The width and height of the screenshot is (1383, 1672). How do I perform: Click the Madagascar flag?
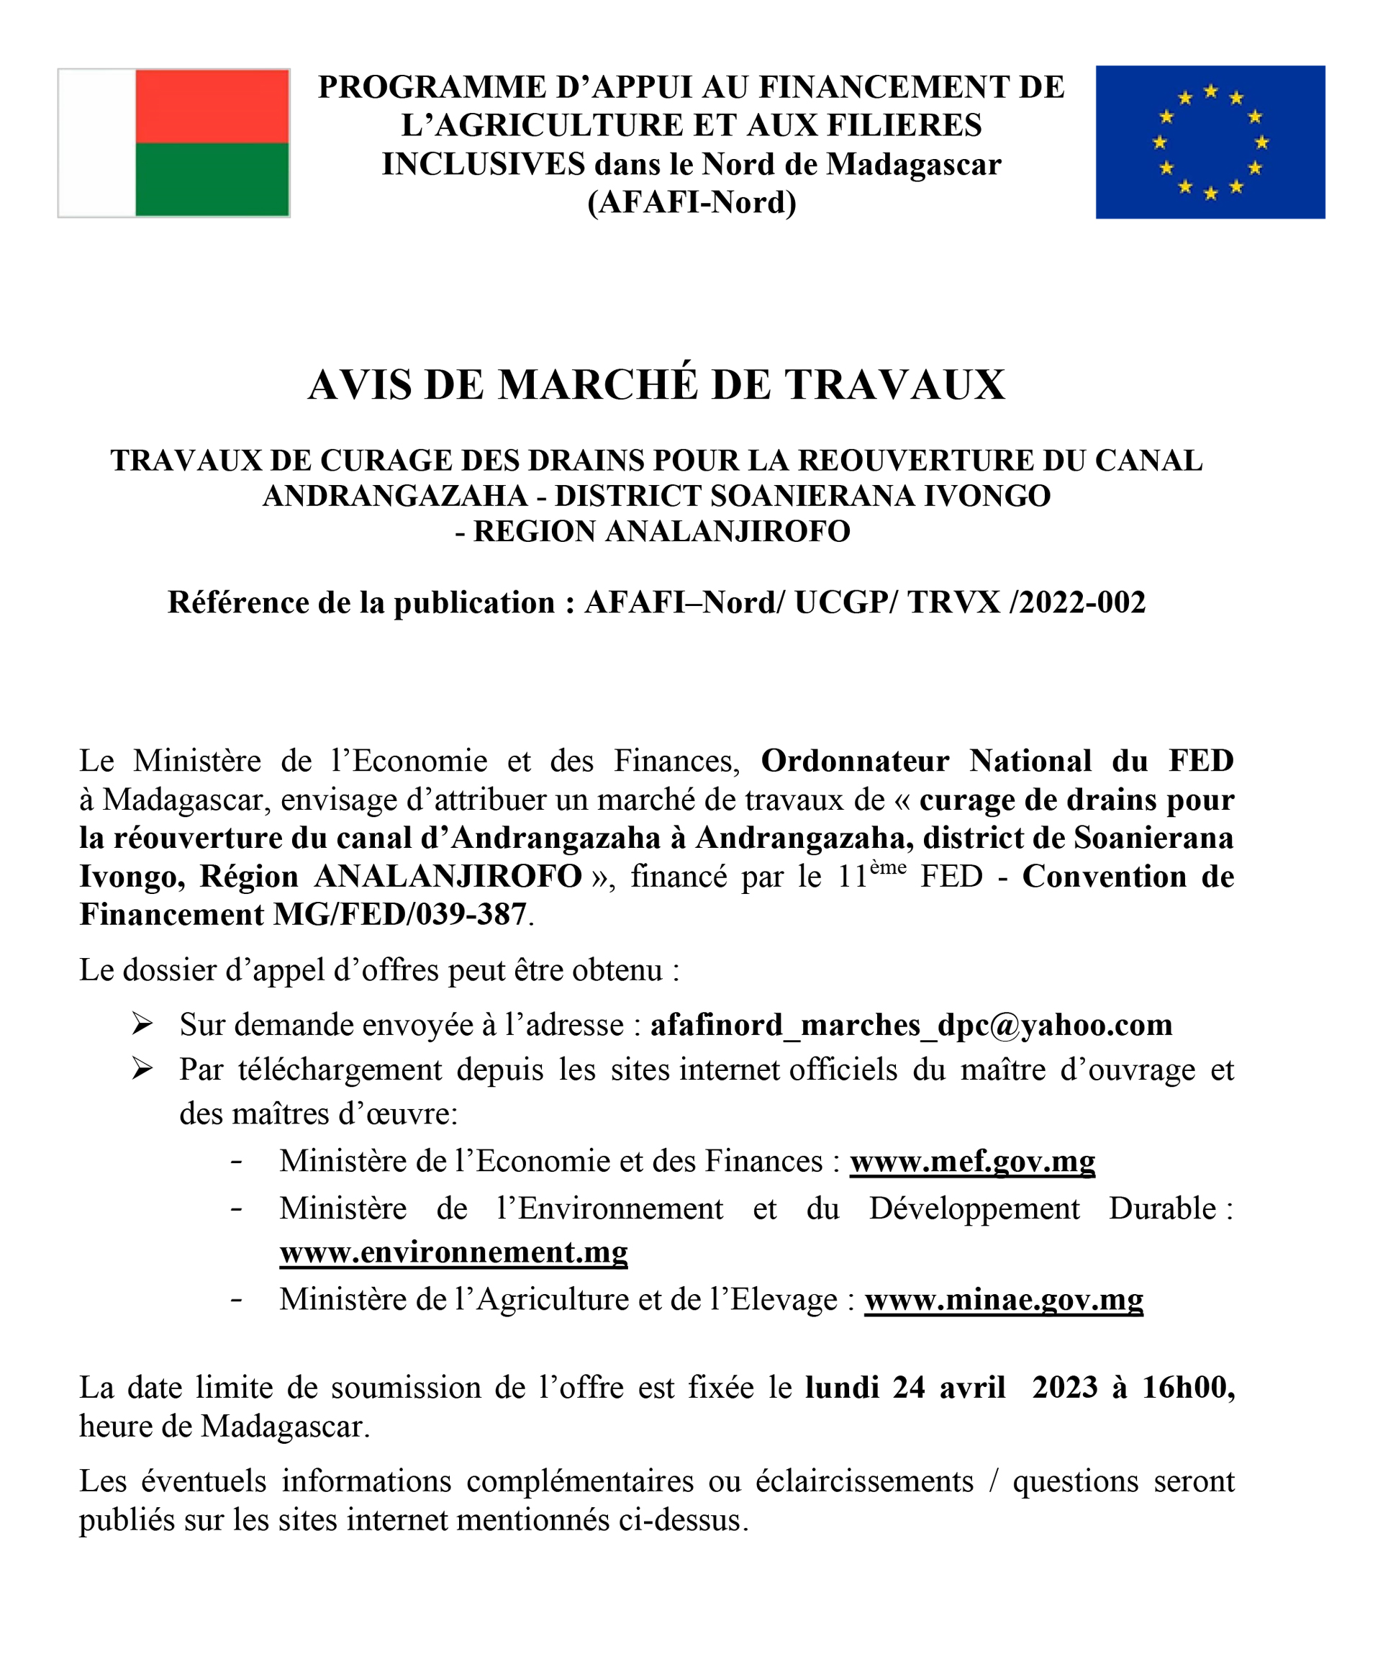173,143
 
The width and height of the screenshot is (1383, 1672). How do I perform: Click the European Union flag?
1210,142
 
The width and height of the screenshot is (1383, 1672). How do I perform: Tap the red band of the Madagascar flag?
212,106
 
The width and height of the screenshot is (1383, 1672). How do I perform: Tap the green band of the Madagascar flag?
212,179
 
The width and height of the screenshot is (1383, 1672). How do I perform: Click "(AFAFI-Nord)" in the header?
691,202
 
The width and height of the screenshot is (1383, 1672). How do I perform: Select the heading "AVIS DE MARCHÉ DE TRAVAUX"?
656,384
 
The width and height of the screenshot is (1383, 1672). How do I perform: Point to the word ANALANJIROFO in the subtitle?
727,531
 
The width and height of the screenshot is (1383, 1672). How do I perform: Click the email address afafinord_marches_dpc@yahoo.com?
911,1025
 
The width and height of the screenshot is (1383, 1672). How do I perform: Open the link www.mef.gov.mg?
972,1161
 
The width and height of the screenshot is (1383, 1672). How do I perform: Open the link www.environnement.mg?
454,1252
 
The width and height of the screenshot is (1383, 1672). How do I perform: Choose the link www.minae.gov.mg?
1003,1298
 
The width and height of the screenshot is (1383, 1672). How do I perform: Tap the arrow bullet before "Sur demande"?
142,1024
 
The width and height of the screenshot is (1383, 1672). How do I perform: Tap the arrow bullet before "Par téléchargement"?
142,1070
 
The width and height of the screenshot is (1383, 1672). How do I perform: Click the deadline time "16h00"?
1188,1388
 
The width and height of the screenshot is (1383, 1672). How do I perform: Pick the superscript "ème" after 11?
888,867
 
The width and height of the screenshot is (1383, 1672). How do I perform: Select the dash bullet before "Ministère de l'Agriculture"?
237,1299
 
